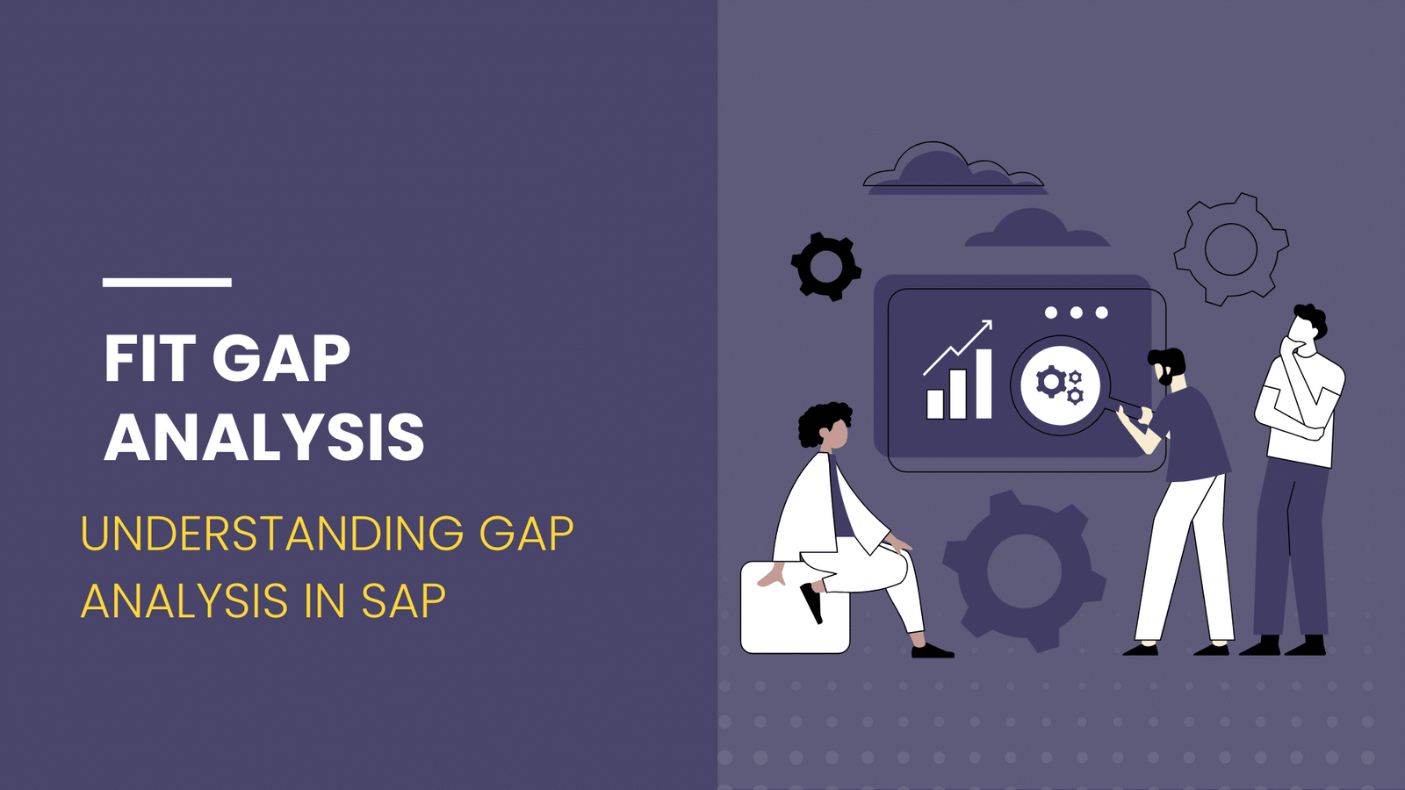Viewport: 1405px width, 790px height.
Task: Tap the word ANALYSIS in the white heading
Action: [x=264, y=437]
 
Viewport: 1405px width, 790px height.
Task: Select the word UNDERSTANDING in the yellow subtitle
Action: [x=272, y=534]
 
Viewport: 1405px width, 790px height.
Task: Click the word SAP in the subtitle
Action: [x=403, y=601]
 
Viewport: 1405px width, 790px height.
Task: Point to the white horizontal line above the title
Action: [x=167, y=282]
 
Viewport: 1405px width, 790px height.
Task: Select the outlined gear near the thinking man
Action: [x=1230, y=249]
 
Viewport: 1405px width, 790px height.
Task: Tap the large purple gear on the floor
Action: [x=1024, y=571]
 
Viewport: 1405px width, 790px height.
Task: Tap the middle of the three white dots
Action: [x=1076, y=312]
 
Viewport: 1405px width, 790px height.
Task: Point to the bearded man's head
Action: [x=1168, y=366]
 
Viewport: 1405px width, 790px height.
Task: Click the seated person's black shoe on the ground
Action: [x=932, y=650]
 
